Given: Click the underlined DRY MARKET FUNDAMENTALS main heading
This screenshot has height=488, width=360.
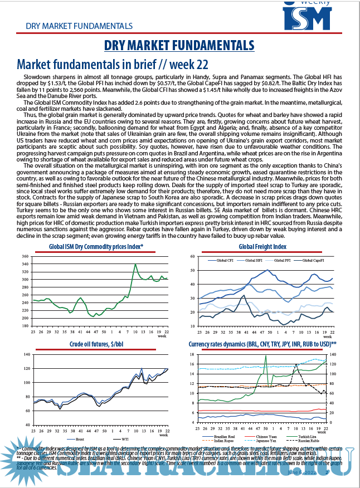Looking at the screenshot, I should (x=180, y=45).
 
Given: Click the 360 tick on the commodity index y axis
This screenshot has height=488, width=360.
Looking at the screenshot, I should (x=25, y=257).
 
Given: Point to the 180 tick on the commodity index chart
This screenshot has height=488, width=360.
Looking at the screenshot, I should (x=25, y=325).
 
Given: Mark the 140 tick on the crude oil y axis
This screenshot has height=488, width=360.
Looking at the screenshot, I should (x=25, y=354).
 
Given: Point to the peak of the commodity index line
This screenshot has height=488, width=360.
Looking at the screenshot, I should (x=135, y=264).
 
